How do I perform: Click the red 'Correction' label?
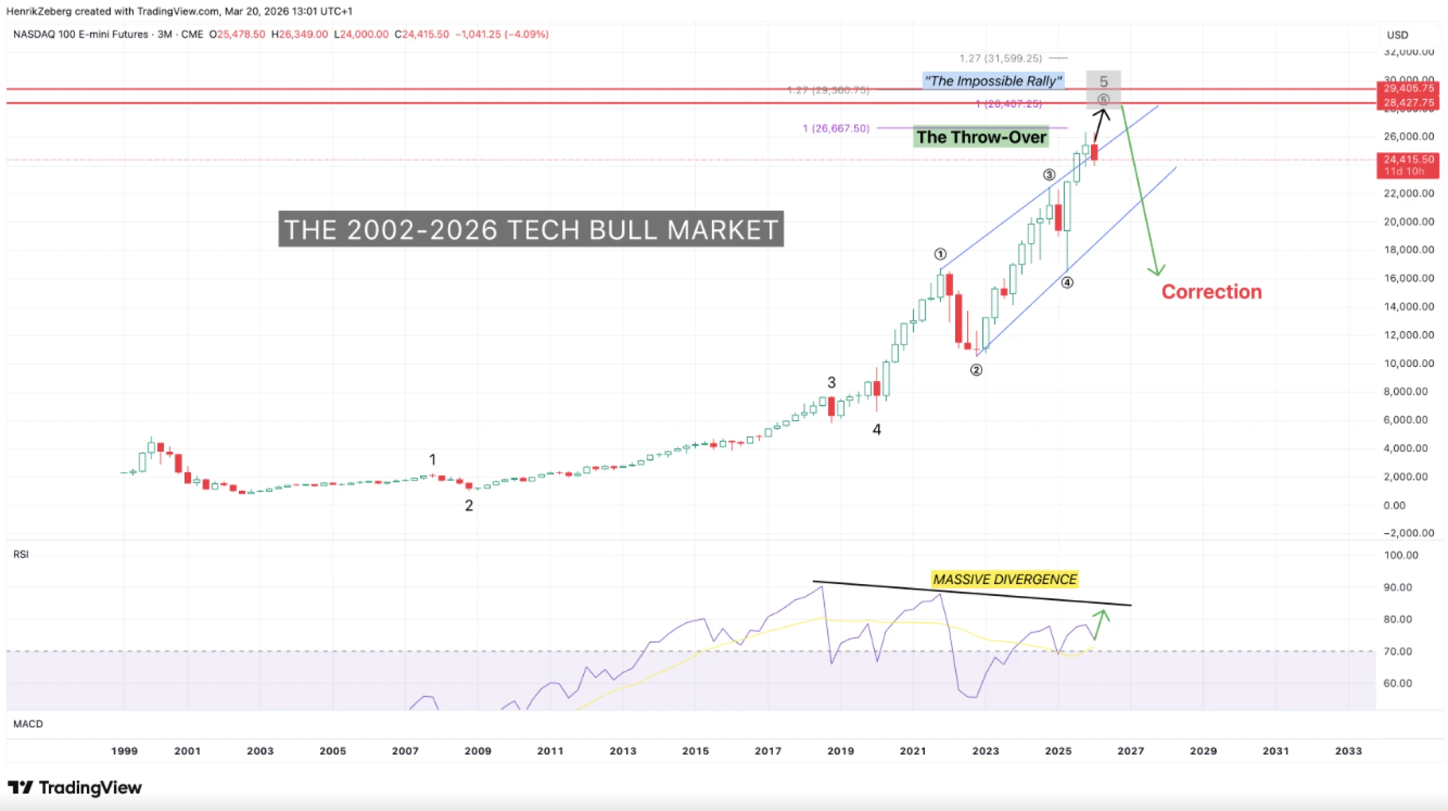point(1211,291)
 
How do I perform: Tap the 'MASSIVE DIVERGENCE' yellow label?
point(1004,579)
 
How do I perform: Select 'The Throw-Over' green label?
point(981,137)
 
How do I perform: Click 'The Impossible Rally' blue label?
point(993,81)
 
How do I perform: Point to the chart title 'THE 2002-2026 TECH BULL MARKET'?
point(530,230)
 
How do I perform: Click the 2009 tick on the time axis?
point(478,751)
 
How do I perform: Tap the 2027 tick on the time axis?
point(1131,751)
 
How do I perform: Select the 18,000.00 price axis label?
point(1408,250)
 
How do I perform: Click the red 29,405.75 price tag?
point(1408,88)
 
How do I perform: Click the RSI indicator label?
point(21,554)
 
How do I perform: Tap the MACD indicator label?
point(28,724)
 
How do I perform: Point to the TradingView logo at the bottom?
point(75,788)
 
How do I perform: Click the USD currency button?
point(1397,35)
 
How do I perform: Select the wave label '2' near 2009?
point(469,506)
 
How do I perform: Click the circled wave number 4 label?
point(1067,283)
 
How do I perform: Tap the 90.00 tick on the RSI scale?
point(1401,587)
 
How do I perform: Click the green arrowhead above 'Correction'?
point(1157,270)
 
